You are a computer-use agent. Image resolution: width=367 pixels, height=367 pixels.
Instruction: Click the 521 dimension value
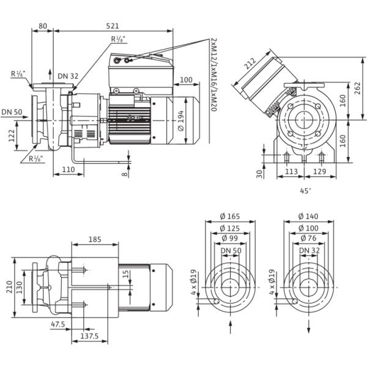tap(113, 26)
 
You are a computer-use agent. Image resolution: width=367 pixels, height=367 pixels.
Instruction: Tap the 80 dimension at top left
tap(43, 26)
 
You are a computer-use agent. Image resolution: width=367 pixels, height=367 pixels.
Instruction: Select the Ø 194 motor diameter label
tap(181, 120)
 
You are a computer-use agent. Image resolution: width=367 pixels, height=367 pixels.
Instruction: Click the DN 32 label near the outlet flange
tap(68, 76)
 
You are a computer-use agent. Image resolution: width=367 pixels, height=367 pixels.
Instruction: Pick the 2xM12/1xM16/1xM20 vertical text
tap(213, 75)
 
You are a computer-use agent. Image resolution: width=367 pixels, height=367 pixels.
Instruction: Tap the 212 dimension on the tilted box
tap(250, 64)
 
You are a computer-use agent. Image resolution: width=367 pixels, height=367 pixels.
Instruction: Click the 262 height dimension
tap(357, 88)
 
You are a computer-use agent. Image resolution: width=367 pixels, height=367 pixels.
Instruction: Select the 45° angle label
tap(306, 191)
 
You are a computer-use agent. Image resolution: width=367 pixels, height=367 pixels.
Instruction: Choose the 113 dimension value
tap(291, 171)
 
